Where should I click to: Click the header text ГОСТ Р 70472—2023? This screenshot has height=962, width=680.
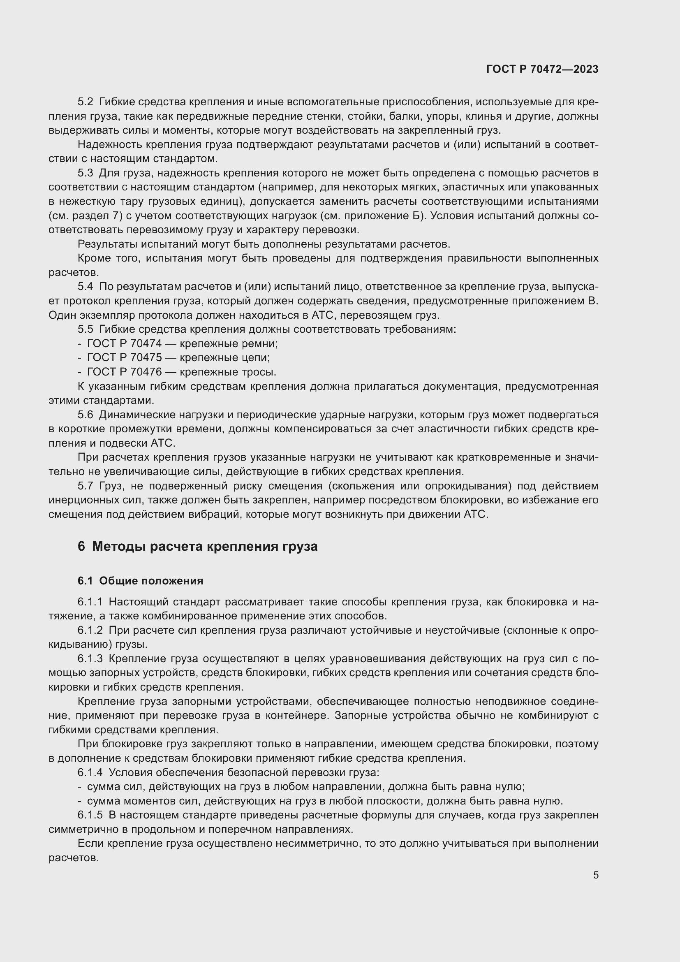pos(542,69)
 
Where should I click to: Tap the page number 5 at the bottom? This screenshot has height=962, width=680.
pos(595,875)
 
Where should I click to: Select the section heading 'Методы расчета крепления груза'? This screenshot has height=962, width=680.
pos(204,546)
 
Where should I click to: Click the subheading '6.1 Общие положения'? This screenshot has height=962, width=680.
pos(140,581)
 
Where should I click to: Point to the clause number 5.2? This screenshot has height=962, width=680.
pos(86,102)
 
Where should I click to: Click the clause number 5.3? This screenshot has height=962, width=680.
pos(86,173)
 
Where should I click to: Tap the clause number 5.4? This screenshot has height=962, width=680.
pos(86,287)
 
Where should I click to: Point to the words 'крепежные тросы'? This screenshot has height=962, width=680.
pos(228,372)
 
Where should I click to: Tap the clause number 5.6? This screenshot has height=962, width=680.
pos(86,415)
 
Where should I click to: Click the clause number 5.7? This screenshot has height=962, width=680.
pos(86,486)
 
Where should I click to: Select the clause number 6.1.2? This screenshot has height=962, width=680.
pos(90,630)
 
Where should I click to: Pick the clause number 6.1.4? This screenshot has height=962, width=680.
pos(90,772)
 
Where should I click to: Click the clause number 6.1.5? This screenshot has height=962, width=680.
pos(90,815)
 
